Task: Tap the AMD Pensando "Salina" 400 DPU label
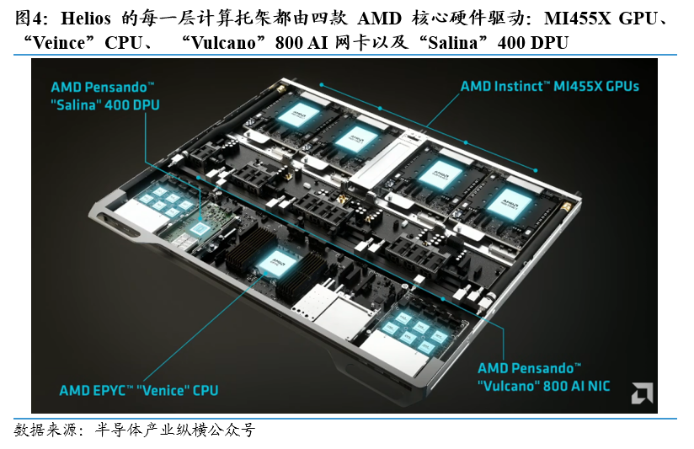coord(105,95)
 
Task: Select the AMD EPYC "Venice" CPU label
coord(138,390)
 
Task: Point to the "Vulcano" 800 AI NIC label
coord(544,377)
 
